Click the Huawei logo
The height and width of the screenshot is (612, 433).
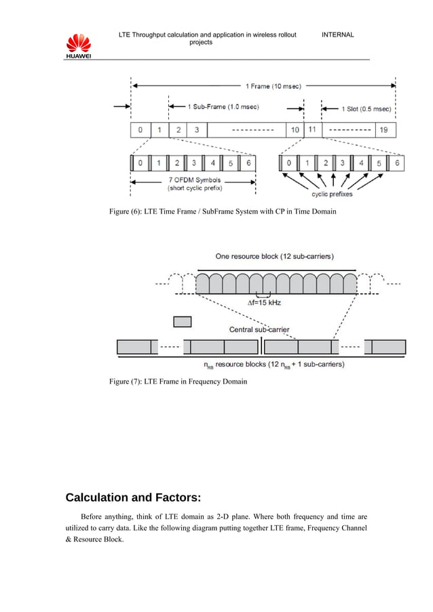point(79,46)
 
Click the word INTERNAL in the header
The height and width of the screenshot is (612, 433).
point(337,35)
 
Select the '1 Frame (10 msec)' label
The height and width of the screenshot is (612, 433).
point(273,86)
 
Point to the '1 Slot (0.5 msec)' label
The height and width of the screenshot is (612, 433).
point(365,108)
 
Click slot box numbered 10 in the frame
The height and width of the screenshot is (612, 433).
point(295,129)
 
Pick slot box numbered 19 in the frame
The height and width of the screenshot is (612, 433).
point(384,129)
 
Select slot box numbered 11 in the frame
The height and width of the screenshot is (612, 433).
point(312,129)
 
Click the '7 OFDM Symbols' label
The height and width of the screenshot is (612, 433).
point(183,180)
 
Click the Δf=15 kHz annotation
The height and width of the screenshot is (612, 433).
point(264,302)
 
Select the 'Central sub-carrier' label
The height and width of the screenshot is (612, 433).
point(259,330)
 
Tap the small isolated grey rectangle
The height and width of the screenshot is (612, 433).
point(183,321)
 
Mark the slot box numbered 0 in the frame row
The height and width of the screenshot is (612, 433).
point(140,129)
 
